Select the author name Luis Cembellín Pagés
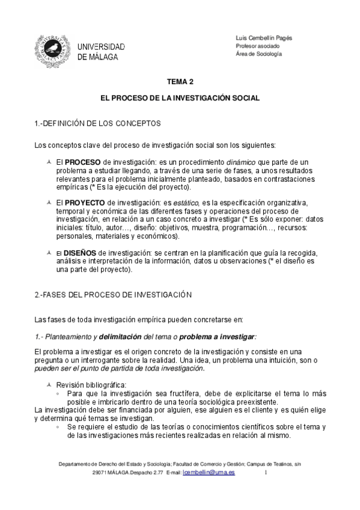pos(264,37)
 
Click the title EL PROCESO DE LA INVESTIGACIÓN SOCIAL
pos(180,97)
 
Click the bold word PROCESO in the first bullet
pos(84,162)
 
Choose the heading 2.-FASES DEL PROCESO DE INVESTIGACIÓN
pos(113,295)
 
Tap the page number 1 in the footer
pos(265,473)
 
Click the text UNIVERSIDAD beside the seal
pos(102,47)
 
